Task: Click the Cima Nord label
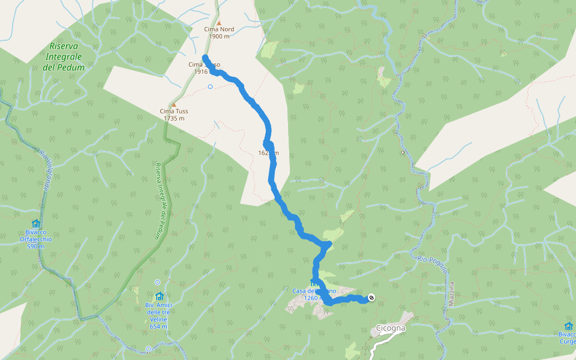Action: pos(219,29)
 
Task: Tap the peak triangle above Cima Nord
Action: pos(219,23)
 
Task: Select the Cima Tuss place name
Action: pos(174,111)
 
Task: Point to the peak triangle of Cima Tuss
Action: pos(175,104)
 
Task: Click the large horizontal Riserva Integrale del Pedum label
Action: pos(64,56)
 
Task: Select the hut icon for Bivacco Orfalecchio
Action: pos(35,224)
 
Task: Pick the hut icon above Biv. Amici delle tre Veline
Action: pos(159,296)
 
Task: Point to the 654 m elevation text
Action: pos(159,326)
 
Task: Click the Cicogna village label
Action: pos(391,328)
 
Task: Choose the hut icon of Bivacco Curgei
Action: pos(568,326)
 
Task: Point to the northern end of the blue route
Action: pos(206,57)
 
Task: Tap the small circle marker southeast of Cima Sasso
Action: pos(210,87)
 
